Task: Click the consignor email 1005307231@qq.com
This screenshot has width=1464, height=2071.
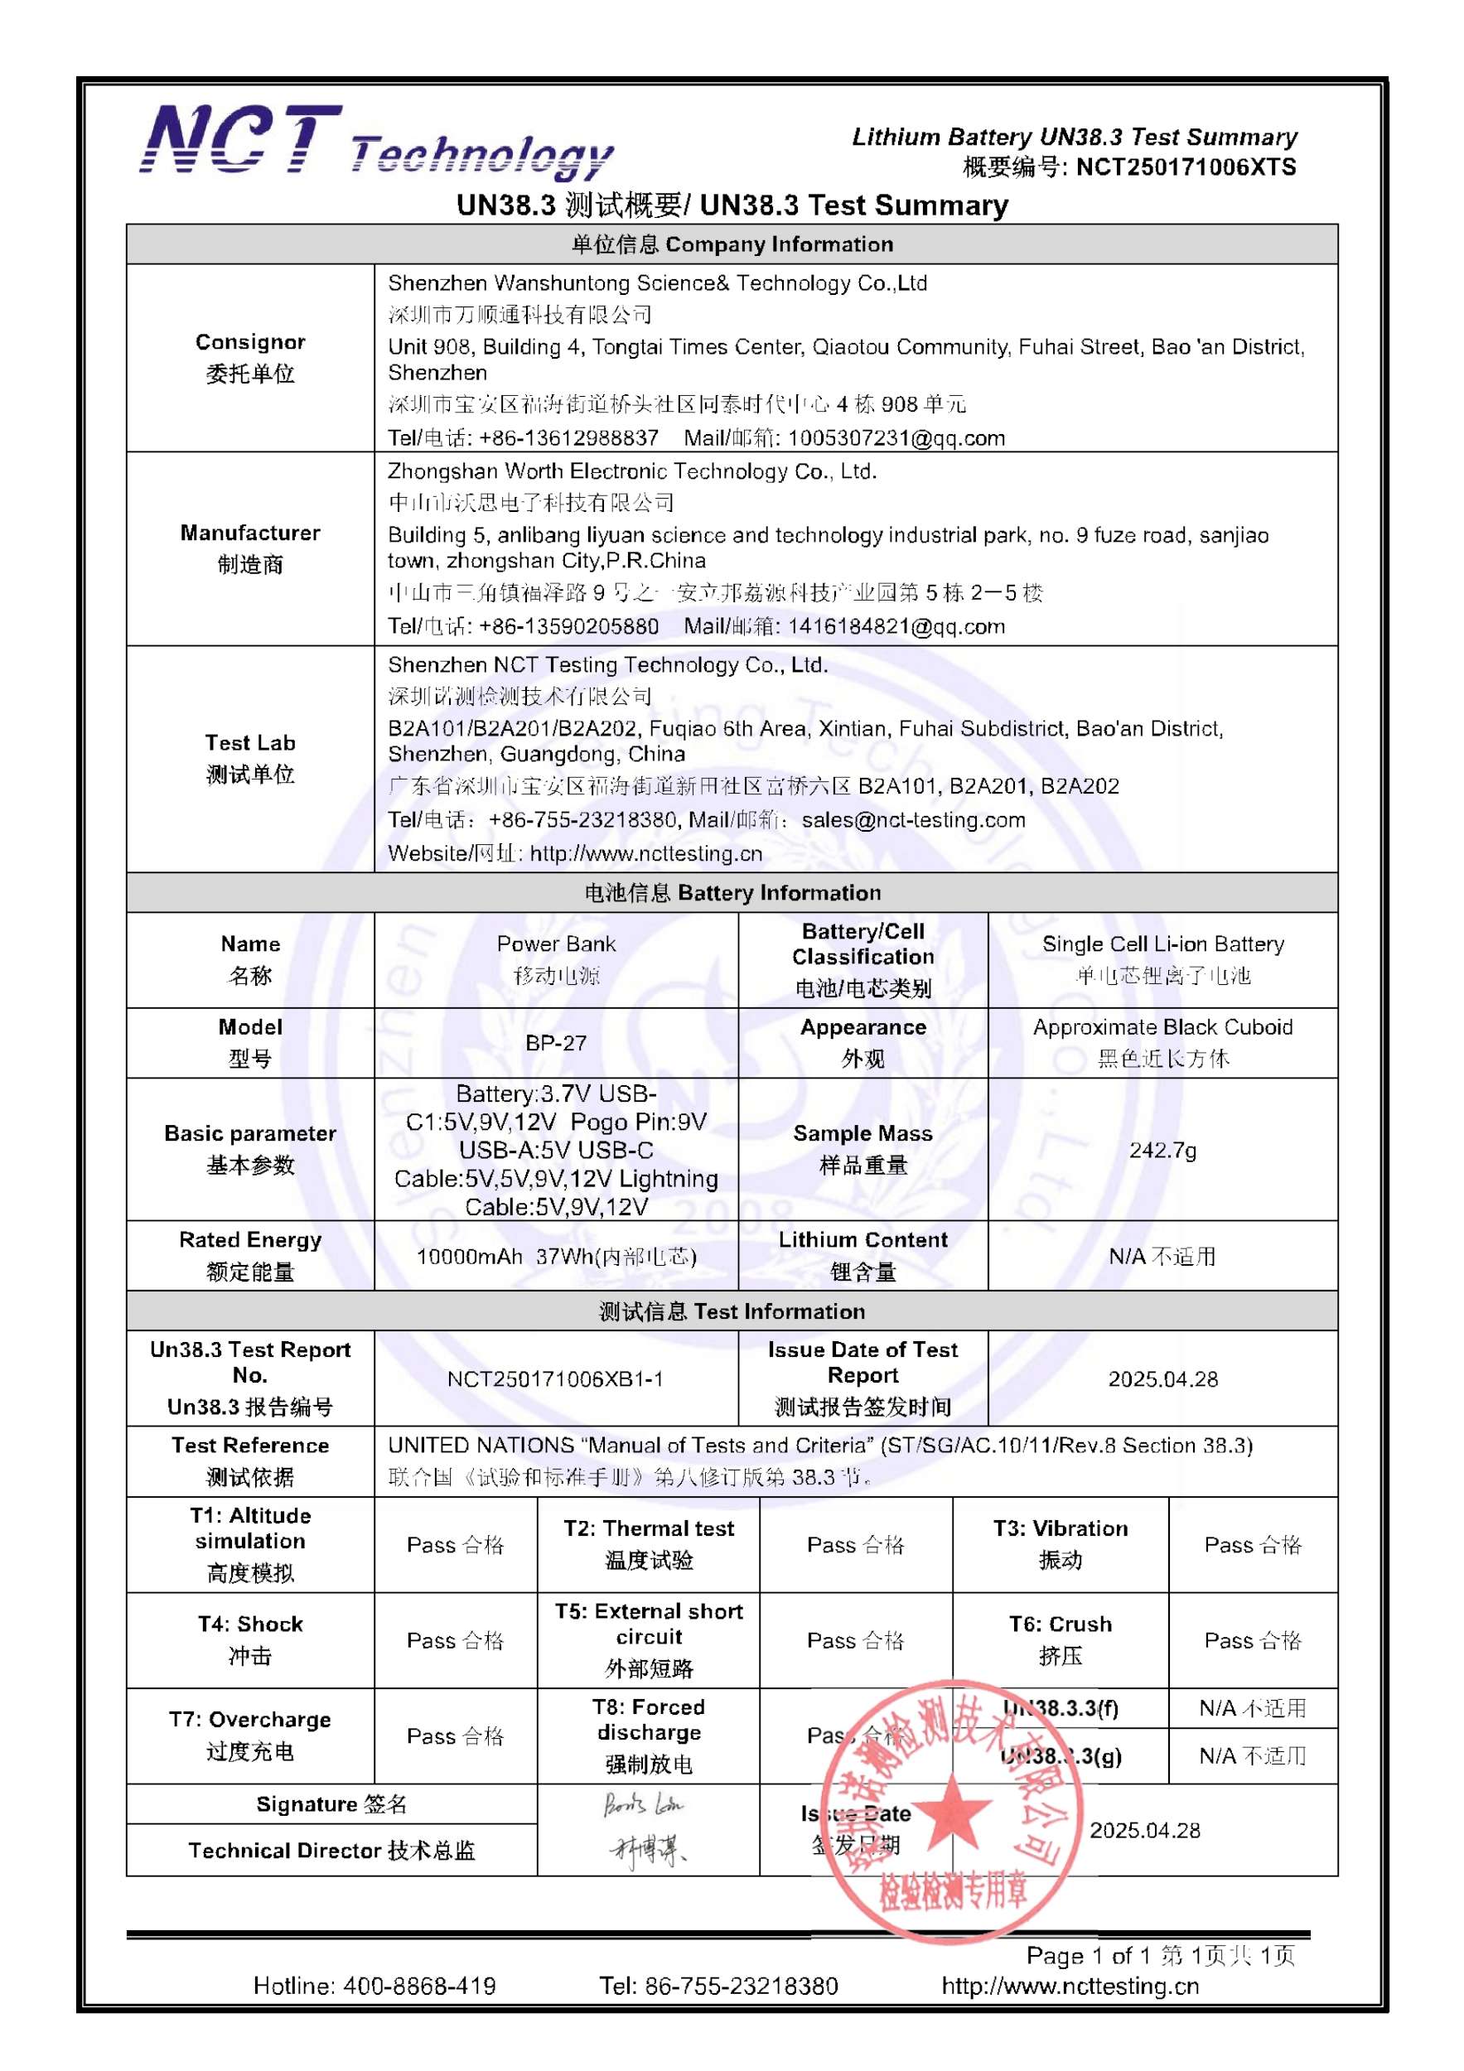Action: (896, 438)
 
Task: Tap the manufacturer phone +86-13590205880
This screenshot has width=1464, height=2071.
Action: (568, 626)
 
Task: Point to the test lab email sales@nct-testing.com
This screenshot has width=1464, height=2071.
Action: (913, 820)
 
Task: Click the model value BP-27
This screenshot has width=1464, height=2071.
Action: (556, 1043)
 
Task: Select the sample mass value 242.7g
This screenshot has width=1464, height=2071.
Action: (1162, 1150)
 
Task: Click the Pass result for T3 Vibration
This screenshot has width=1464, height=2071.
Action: (1252, 1545)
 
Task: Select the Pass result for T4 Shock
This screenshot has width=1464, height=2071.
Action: (455, 1641)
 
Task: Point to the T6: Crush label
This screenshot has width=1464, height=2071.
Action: (1060, 1624)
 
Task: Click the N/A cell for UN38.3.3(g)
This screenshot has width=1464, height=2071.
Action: (1252, 1756)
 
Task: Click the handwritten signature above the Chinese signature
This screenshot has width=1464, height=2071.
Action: (644, 1805)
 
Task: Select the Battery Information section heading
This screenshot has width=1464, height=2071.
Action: (732, 893)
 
